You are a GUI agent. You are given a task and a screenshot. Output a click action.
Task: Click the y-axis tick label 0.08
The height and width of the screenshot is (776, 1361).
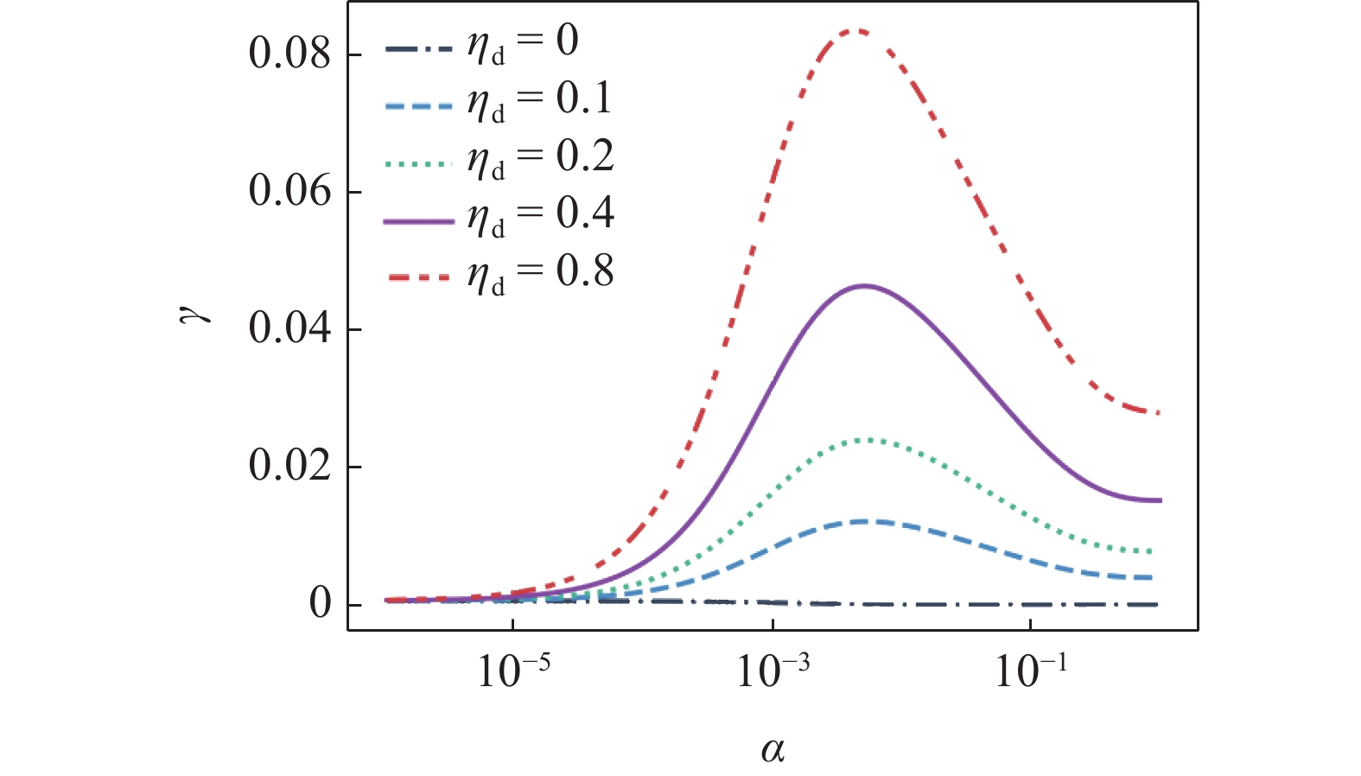(x=289, y=54)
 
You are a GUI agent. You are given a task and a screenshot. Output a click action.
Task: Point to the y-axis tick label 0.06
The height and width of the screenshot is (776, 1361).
(x=289, y=191)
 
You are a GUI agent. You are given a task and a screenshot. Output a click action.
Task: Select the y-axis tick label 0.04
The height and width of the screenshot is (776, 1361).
(x=289, y=328)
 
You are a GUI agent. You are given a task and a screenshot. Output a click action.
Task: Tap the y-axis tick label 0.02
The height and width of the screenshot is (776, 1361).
(x=289, y=466)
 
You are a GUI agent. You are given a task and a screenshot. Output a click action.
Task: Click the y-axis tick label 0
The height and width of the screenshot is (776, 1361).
(x=320, y=604)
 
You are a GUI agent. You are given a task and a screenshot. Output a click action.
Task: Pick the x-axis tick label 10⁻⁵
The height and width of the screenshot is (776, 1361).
(x=513, y=670)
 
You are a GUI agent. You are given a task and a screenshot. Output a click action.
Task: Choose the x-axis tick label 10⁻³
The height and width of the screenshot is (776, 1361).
(x=772, y=670)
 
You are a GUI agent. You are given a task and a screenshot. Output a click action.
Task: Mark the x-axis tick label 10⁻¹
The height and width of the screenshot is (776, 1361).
(x=1031, y=670)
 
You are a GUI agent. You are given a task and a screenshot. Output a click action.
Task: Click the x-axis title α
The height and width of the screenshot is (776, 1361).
(x=773, y=749)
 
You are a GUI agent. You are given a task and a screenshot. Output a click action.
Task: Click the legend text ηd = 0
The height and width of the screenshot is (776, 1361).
(x=523, y=43)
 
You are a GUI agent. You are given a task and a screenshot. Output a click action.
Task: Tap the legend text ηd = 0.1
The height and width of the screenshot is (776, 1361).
(x=539, y=100)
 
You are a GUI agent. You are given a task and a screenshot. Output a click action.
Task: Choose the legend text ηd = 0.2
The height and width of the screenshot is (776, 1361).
(x=540, y=158)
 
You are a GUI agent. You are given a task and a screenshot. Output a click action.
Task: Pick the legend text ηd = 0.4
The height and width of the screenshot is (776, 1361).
(x=540, y=215)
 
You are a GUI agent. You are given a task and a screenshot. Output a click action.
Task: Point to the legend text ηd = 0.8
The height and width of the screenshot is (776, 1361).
(x=540, y=273)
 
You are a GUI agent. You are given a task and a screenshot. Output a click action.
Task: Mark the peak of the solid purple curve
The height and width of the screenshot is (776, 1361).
(x=864, y=285)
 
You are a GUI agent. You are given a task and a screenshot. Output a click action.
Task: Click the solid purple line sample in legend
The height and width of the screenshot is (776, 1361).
(x=418, y=222)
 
